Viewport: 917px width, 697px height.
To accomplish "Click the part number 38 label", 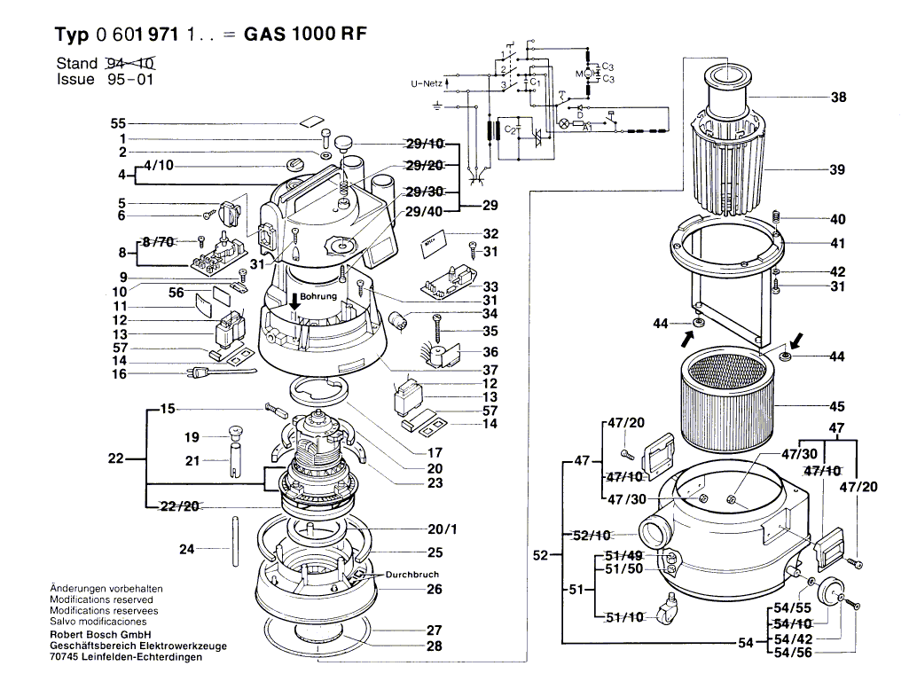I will (x=838, y=98).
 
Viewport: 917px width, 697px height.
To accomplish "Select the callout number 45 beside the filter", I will (x=837, y=408).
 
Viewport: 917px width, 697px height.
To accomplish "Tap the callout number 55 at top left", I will (x=119, y=123).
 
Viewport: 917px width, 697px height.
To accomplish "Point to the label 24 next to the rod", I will (x=186, y=549).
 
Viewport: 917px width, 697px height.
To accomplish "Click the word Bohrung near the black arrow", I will (x=318, y=296).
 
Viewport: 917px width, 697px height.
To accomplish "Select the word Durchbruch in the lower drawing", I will (x=411, y=574).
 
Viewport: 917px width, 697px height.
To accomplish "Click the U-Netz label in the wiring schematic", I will (x=426, y=83).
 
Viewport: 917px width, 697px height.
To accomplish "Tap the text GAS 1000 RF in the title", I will (x=305, y=34).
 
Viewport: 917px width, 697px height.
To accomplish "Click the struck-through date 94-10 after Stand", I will (x=130, y=63).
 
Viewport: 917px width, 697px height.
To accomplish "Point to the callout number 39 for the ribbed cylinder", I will (x=837, y=169).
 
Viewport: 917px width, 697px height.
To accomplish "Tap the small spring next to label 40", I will (x=776, y=217).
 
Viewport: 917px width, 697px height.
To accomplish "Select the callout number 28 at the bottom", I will (x=433, y=646).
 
